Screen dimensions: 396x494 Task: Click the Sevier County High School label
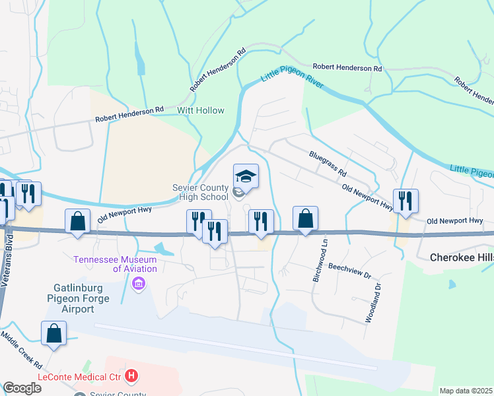point(199,192)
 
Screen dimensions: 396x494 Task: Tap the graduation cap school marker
point(246,176)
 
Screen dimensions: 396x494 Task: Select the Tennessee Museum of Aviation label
point(116,264)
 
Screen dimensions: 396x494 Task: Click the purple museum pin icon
point(139,284)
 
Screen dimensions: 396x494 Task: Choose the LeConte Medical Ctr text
point(81,377)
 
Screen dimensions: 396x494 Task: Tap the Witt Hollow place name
point(200,111)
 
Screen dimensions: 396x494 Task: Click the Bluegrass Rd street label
point(328,163)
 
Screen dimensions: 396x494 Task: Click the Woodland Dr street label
point(373,303)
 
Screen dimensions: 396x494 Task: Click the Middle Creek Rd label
point(21,349)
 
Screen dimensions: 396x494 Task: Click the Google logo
point(22,388)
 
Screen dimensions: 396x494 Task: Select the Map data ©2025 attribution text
point(466,391)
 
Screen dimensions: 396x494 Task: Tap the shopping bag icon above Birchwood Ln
point(306,218)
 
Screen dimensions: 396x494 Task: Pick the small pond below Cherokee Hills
point(452,284)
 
